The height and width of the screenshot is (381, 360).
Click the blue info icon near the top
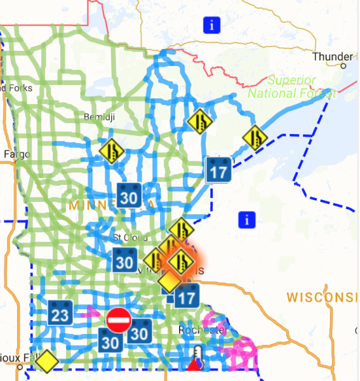point(211,25)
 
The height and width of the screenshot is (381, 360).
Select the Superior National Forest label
point(291,87)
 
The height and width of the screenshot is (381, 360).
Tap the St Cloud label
point(126,237)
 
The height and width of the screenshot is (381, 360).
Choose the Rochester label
point(202,331)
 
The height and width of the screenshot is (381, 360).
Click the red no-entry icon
point(118,320)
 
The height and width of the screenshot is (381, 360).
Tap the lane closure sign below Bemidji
point(112,151)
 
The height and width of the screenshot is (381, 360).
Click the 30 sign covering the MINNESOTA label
point(129,197)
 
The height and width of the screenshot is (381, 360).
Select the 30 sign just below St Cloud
point(124,260)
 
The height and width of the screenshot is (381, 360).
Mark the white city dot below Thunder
point(343,65)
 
